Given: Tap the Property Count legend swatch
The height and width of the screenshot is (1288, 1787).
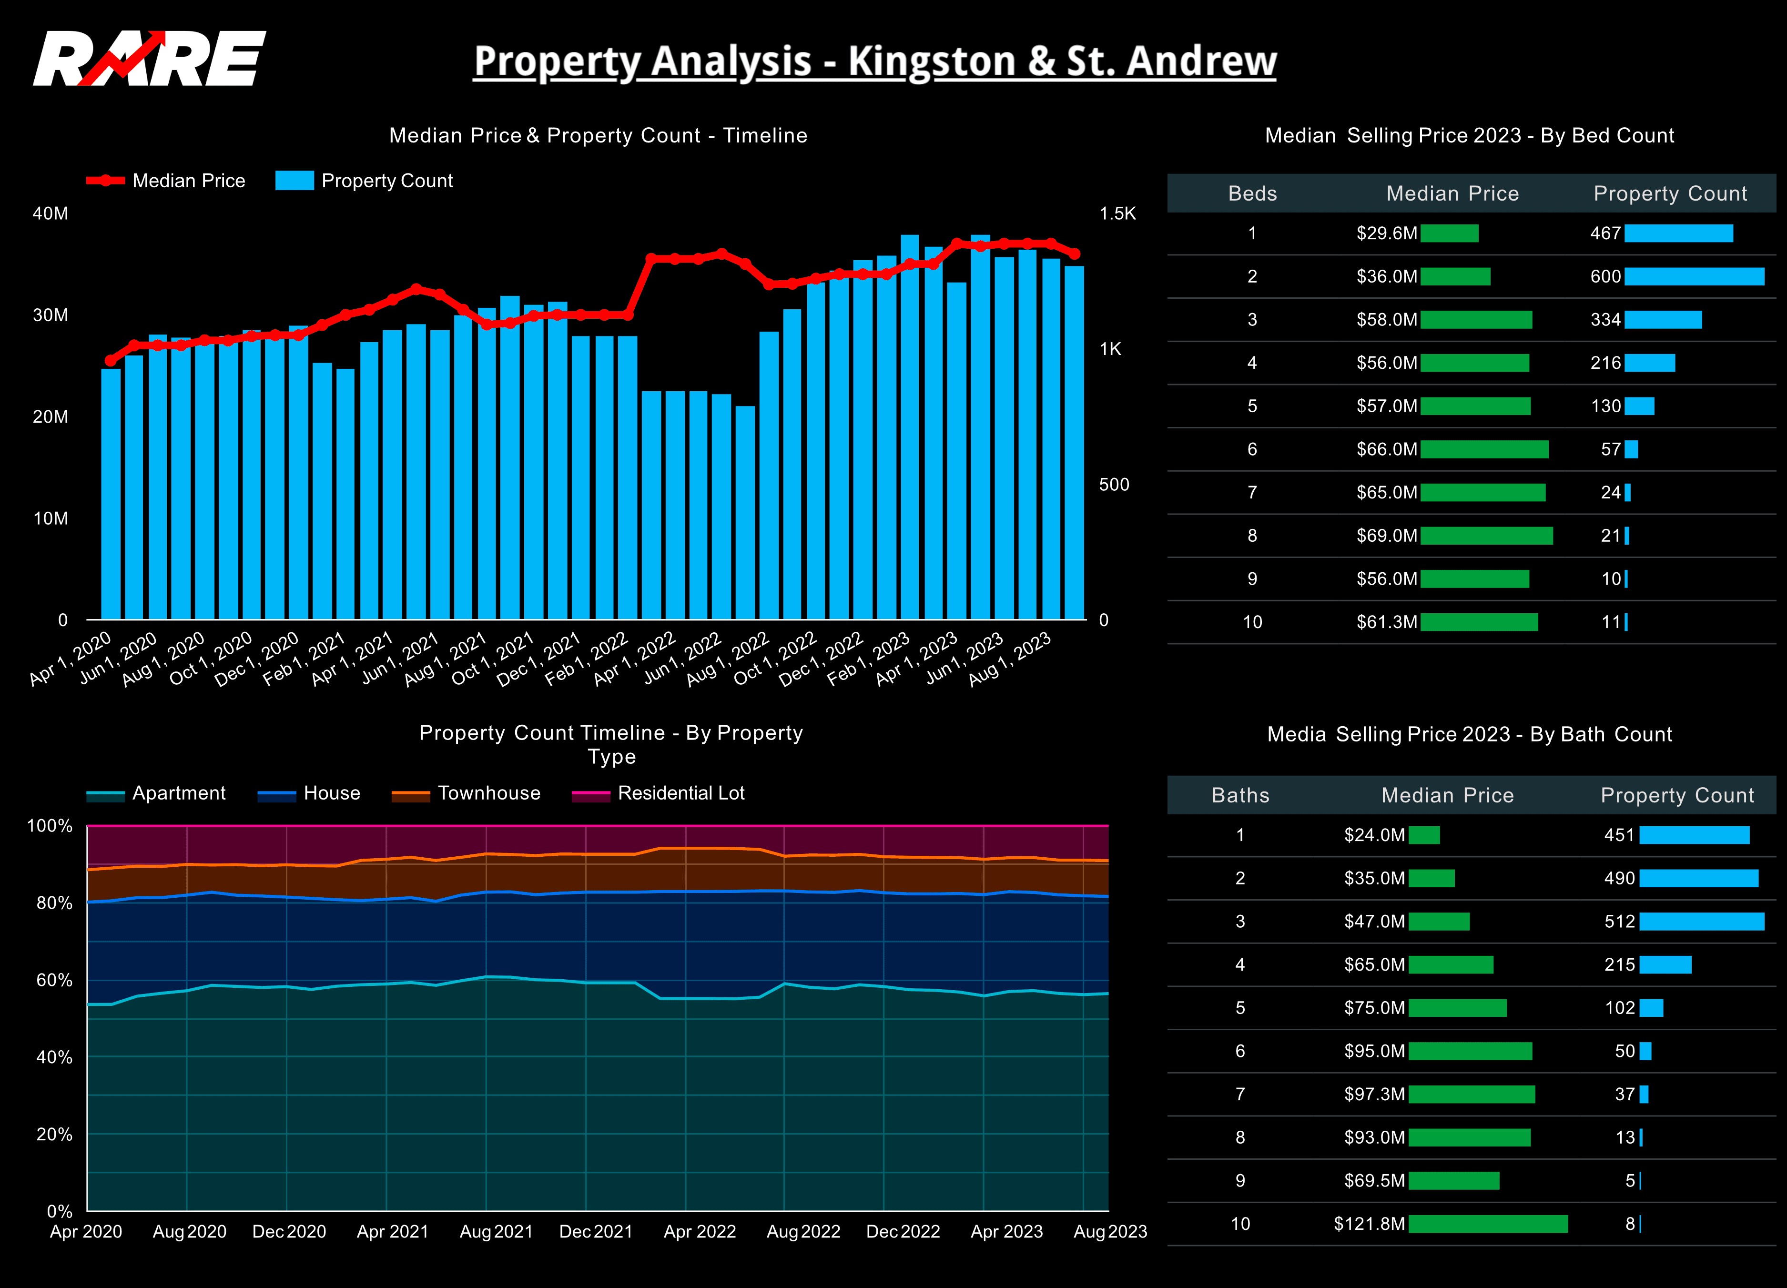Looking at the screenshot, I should coord(294,181).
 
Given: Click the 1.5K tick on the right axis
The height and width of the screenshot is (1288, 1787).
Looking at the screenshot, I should coord(1117,213).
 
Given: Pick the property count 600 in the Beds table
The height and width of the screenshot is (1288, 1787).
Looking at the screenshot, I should coord(1605,276).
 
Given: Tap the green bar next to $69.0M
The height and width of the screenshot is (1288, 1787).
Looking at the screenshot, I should coord(1486,536).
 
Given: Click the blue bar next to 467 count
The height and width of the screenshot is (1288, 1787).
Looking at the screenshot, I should coord(1678,233).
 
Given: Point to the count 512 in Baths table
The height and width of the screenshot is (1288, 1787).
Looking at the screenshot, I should coord(1619,922).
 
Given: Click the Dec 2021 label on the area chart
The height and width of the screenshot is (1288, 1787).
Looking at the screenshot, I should coord(596,1231).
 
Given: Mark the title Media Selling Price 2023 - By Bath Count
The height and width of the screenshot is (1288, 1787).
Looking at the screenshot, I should coord(1470,734).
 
